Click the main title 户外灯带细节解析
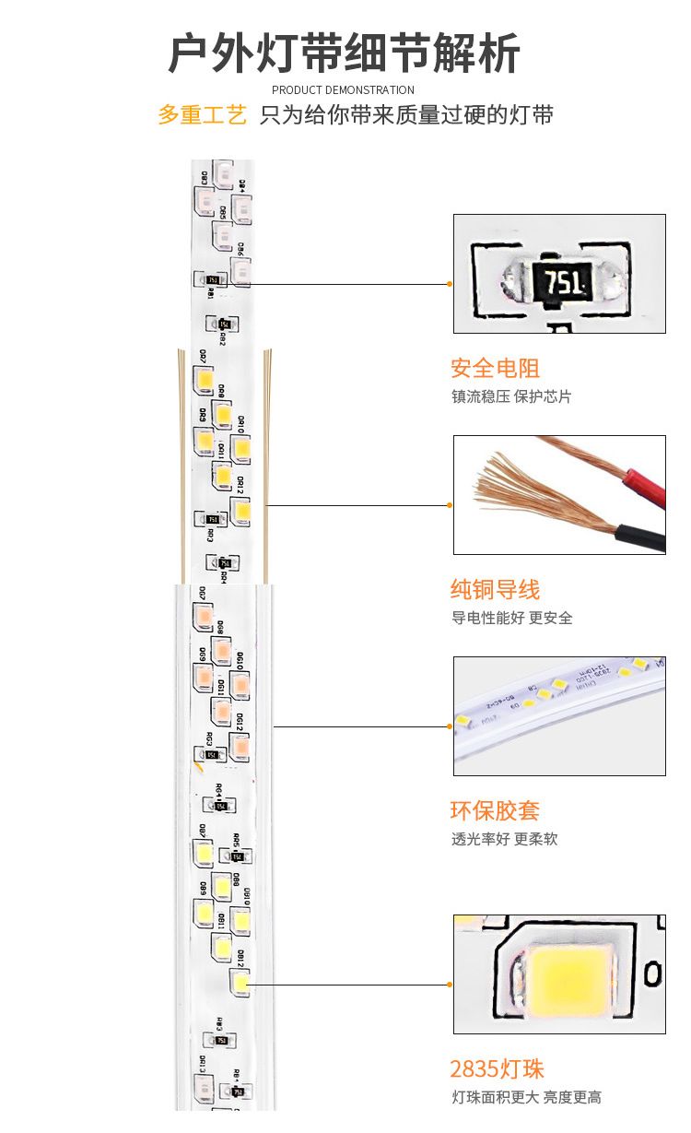click(x=344, y=53)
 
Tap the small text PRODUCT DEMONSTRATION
click(x=343, y=90)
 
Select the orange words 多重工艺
click(x=202, y=116)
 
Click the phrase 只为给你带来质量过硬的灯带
click(x=406, y=116)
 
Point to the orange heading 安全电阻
click(x=495, y=369)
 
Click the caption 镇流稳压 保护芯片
click(x=511, y=396)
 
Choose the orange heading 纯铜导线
click(x=495, y=590)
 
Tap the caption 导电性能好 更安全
click(x=511, y=618)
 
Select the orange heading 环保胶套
click(x=495, y=811)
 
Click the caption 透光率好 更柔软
click(x=504, y=839)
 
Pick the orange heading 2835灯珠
click(x=497, y=1069)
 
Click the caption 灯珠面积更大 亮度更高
click(x=526, y=1097)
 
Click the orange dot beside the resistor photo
click(x=450, y=284)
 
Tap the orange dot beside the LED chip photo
click(x=450, y=985)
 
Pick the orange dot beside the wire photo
click(x=450, y=505)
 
